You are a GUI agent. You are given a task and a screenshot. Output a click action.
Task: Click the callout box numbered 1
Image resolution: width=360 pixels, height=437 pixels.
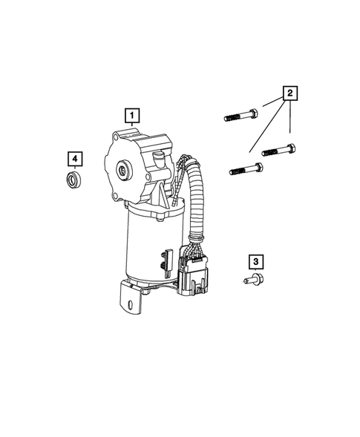click(131, 116)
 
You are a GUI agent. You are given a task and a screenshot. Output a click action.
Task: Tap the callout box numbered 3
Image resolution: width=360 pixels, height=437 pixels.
click(255, 261)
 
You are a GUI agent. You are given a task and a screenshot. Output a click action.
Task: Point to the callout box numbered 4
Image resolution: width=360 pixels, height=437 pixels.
click(75, 158)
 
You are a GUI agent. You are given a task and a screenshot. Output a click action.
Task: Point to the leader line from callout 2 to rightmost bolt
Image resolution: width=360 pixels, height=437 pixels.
click(289, 122)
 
